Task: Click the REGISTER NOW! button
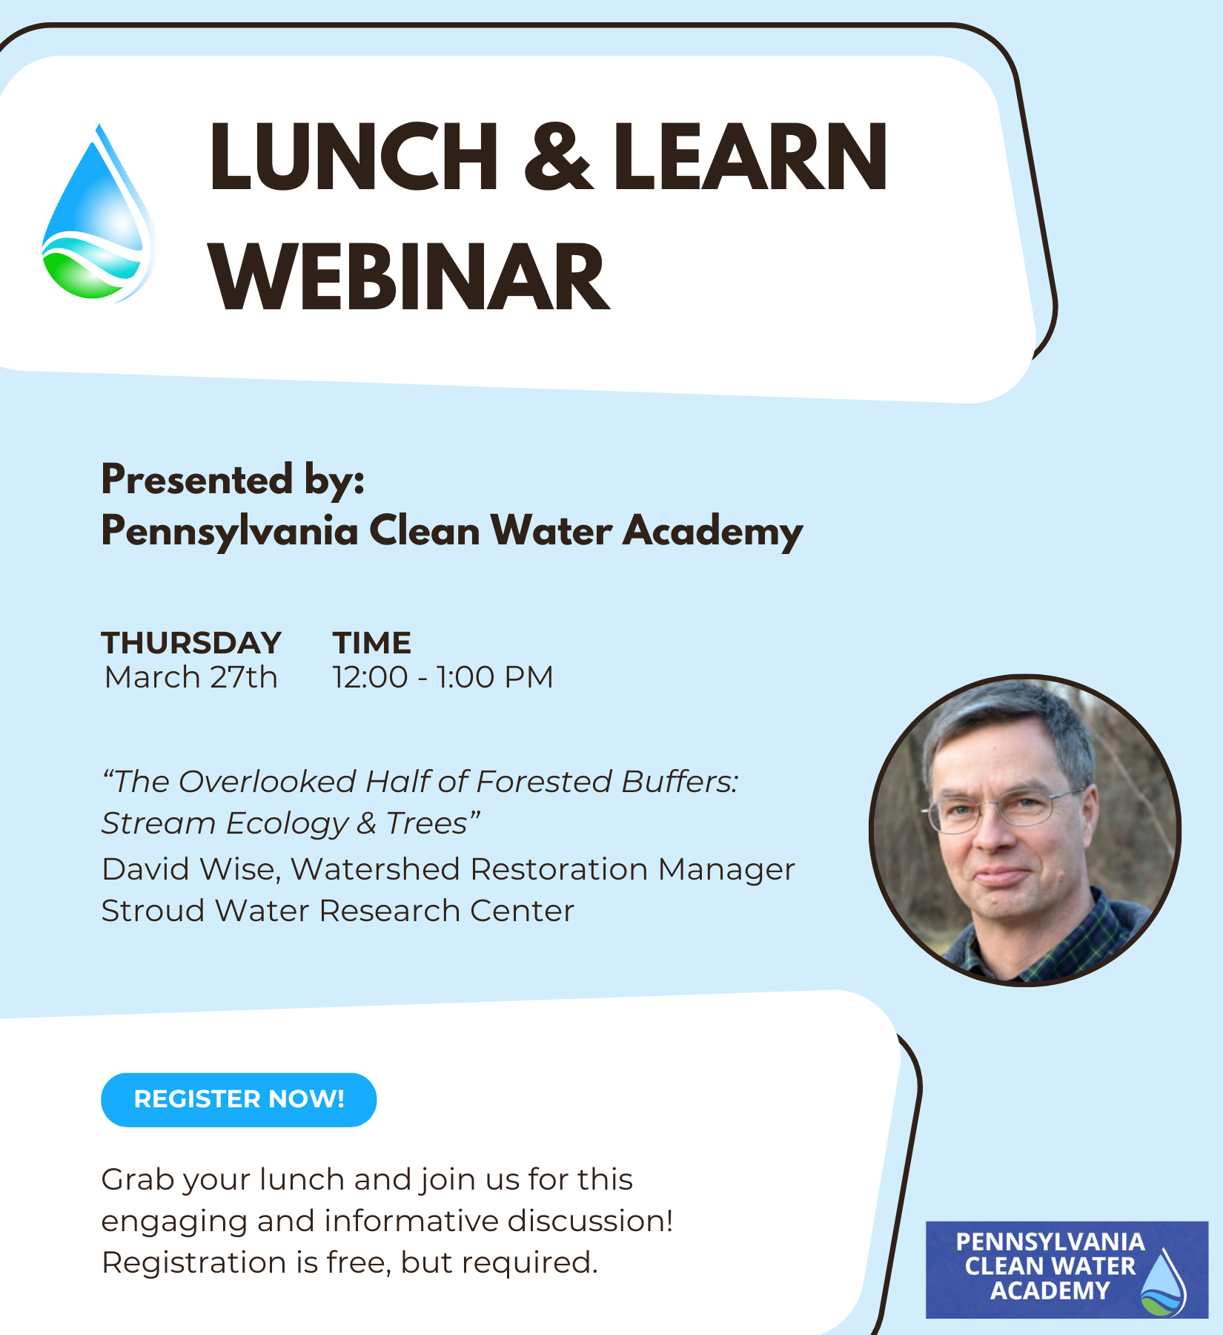coord(239,1099)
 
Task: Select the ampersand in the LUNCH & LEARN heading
coord(557,157)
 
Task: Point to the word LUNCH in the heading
coord(354,157)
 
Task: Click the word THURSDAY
coord(191,643)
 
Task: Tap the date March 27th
coord(191,677)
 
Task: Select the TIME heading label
coord(371,643)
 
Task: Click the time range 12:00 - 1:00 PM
coord(443,677)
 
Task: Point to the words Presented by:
coord(233,479)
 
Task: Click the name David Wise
coord(190,869)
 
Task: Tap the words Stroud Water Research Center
coord(338,911)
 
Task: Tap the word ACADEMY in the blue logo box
coord(1050,1291)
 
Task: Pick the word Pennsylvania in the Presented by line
coord(230,532)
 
